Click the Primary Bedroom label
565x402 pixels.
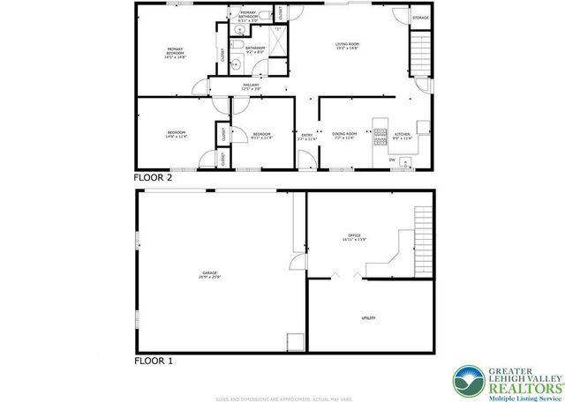click(176, 51)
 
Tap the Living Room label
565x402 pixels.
click(346, 46)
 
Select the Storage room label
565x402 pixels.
click(421, 16)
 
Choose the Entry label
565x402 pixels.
click(306, 136)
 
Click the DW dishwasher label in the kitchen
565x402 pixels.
click(391, 160)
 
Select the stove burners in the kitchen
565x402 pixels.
click(380, 135)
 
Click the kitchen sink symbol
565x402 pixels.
click(406, 161)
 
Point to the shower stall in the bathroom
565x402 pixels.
click(276, 39)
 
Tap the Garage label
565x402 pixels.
click(209, 275)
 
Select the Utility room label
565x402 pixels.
click(367, 317)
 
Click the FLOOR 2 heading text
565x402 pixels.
click(153, 177)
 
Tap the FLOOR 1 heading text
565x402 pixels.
click(153, 361)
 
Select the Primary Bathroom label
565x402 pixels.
click(248, 15)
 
